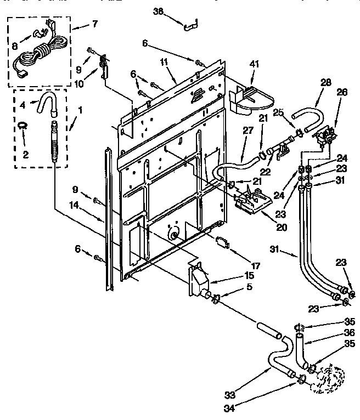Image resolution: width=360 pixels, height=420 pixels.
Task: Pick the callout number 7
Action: point(95,24)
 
